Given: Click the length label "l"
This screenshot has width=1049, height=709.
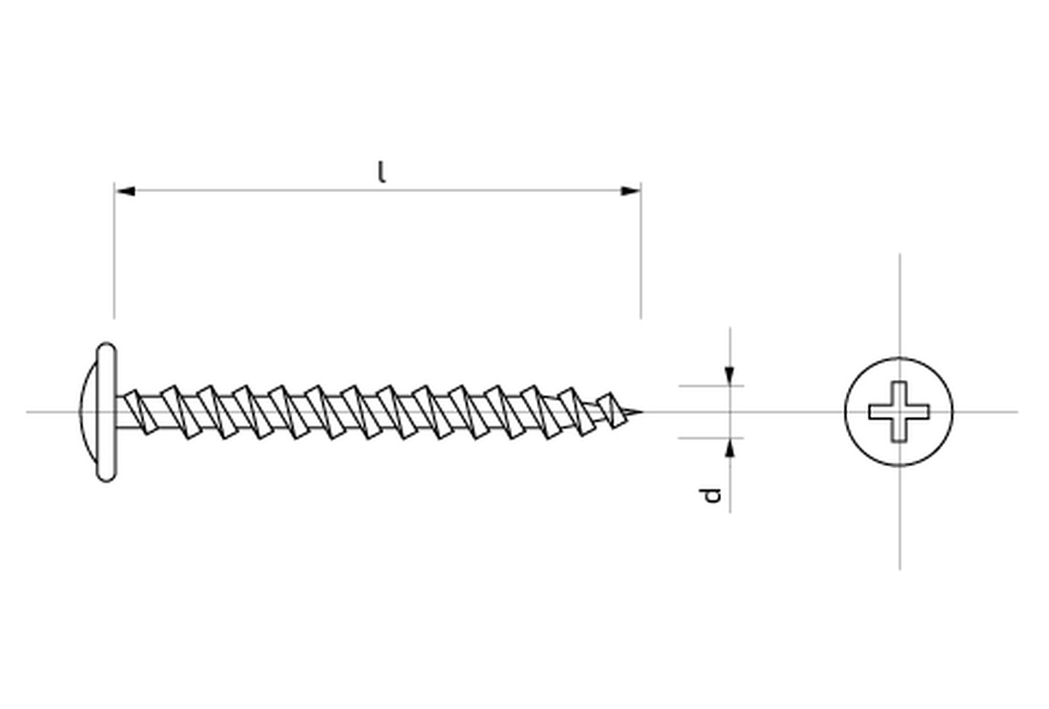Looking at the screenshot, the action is coord(382,172).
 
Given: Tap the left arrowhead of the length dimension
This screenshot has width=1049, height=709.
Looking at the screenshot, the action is coord(125,191).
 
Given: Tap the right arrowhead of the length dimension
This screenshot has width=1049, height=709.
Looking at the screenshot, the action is coord(630,191).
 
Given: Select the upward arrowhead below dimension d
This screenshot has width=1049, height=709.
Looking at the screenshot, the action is coord(730,448).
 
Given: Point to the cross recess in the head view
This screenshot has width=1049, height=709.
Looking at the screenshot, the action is coord(899,411).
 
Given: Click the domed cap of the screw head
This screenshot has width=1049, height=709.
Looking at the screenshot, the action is coord(88,412).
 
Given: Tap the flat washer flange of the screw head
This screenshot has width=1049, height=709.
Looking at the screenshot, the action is coord(106,412).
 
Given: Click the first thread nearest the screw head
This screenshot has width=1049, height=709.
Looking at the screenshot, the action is coord(140,412).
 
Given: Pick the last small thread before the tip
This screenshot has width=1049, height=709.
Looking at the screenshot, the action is coord(611,411).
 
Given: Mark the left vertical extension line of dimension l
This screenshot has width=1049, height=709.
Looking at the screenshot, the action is coord(114,250).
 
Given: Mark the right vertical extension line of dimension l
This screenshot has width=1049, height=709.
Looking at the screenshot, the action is coord(640,250).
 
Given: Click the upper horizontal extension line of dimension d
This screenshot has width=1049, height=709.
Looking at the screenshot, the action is coord(711,386).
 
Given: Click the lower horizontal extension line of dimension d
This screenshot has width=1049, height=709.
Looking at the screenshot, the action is coord(711,438).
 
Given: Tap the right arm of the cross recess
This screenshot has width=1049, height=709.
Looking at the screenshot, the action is coord(919,412).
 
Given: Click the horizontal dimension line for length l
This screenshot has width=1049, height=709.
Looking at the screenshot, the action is coord(378,191).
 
